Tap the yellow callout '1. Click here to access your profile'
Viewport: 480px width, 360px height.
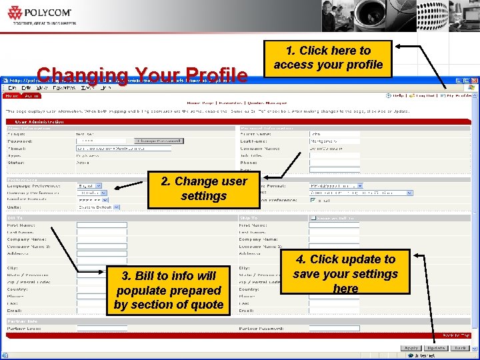click(328, 58)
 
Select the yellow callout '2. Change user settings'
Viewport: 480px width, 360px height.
click(203, 189)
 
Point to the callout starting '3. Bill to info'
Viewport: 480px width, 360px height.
click(168, 290)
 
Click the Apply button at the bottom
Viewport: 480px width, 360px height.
click(411, 348)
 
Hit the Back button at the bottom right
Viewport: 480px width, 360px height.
click(460, 348)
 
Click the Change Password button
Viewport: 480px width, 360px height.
click(158, 141)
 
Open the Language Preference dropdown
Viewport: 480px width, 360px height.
click(89, 186)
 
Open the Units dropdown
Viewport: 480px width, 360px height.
click(98, 207)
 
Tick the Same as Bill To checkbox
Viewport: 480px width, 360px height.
click(313, 218)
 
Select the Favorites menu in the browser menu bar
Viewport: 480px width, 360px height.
click(64, 88)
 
